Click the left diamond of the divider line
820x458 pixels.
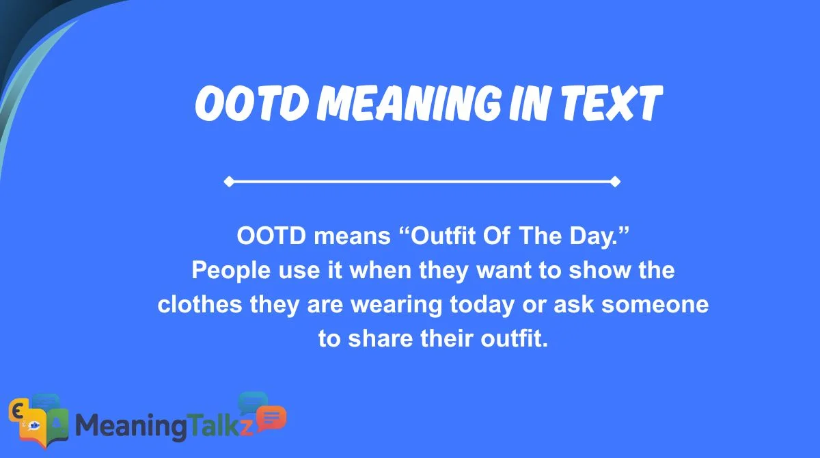point(228,182)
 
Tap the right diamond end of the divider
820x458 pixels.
point(615,182)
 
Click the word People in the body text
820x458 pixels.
point(226,271)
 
